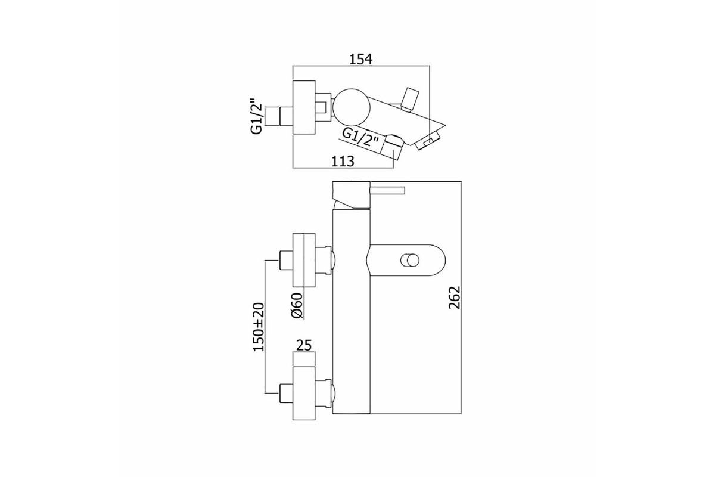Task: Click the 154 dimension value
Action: point(361,59)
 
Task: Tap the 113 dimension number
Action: point(343,162)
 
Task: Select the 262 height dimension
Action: point(455,297)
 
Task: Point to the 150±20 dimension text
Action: point(259,327)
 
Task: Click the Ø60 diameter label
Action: point(297,305)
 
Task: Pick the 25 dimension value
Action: point(303,345)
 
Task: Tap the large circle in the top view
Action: point(351,107)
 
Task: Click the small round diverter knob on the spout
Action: point(409,261)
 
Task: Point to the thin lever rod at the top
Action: point(387,190)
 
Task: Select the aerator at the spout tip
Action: point(427,142)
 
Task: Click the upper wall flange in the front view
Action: point(304,260)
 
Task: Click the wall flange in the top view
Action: point(304,107)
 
